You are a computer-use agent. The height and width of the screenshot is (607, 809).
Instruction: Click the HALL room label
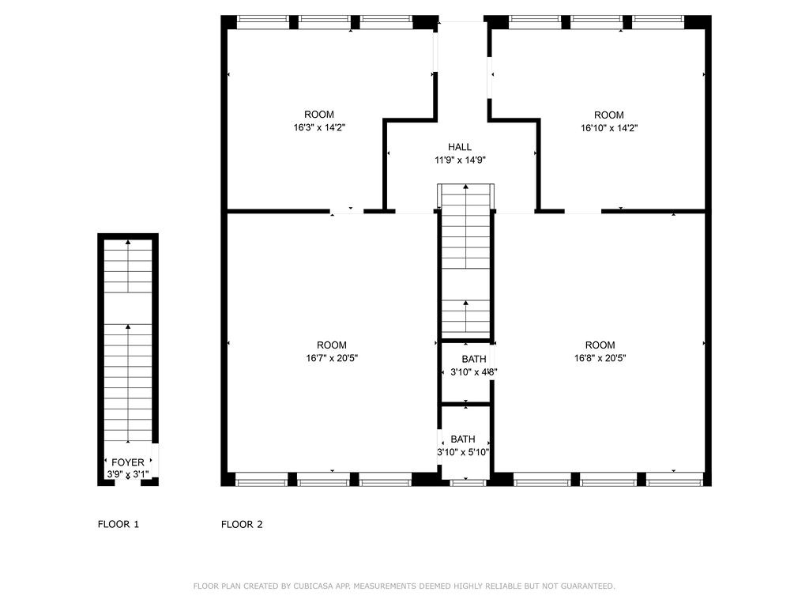(460, 147)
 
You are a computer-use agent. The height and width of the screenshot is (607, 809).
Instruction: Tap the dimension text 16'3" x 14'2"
(319, 127)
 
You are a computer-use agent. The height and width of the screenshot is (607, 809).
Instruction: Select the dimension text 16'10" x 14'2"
(609, 127)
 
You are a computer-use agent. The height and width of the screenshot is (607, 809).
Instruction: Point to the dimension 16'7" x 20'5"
(332, 357)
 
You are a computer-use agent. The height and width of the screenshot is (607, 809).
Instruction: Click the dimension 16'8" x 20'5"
(600, 357)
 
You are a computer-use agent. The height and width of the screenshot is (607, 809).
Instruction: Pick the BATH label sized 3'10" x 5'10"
(463, 439)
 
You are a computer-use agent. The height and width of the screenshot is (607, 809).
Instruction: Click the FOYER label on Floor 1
(128, 462)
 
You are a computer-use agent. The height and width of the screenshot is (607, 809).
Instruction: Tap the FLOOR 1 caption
(119, 524)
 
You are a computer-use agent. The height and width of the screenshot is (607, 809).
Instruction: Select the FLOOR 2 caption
(242, 524)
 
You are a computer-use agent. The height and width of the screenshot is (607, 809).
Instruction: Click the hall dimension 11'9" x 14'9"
(460, 160)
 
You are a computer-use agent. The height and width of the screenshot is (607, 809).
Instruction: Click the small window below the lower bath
(468, 481)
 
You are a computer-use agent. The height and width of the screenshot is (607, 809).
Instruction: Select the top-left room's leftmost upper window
(263, 21)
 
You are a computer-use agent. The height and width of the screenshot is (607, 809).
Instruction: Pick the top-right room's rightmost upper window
(657, 21)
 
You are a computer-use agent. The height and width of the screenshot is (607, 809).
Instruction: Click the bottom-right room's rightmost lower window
(674, 479)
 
